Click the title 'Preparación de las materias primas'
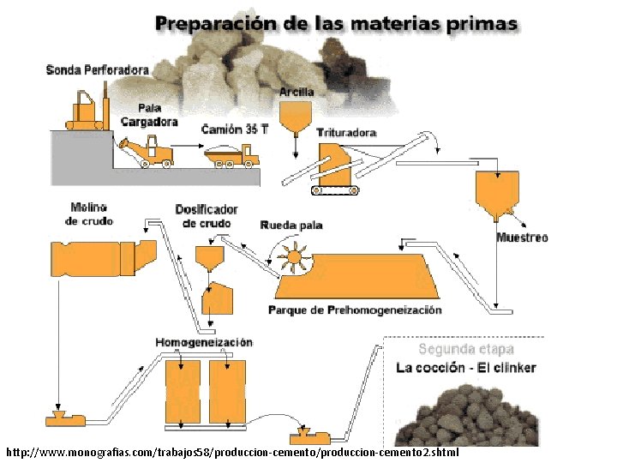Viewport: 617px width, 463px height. point(336,23)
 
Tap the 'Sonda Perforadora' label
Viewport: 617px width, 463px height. point(97,69)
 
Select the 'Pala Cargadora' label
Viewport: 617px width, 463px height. point(149,115)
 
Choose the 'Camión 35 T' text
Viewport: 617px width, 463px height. point(236,129)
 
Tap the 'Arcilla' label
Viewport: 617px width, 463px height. point(297,92)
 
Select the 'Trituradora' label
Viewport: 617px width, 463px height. point(346,133)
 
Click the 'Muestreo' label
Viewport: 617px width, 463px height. point(522,238)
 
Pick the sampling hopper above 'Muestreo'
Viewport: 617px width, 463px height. point(497,190)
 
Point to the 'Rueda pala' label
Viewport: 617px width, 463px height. point(291,225)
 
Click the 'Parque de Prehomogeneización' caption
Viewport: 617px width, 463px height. point(355,310)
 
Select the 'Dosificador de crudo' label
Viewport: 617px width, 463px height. point(207,216)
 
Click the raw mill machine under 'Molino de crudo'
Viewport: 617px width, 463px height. point(103,255)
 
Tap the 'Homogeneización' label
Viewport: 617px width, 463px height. point(204,342)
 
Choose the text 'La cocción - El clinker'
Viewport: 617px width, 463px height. point(465,368)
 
